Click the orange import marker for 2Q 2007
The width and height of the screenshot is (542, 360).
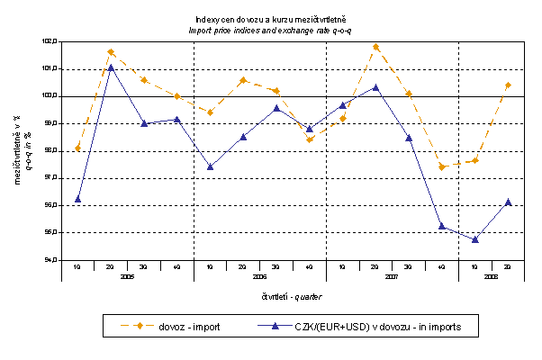pyautogui.click(x=375, y=47)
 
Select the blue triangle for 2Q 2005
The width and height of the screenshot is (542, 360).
pyautogui.click(x=111, y=67)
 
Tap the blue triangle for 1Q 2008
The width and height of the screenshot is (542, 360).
pyautogui.click(x=474, y=239)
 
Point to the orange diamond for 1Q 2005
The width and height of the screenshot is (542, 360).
pyautogui.click(x=77, y=148)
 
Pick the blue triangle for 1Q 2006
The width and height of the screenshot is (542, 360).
pyautogui.click(x=210, y=166)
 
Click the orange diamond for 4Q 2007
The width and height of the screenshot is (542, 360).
pyautogui.click(x=442, y=166)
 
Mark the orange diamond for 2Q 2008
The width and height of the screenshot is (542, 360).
pyautogui.click(x=508, y=85)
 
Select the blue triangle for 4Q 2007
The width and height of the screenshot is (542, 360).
pyautogui.click(x=442, y=226)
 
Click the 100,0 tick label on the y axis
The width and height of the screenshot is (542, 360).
pyautogui.click(x=50, y=96)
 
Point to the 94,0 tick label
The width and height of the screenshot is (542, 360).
pyautogui.click(x=50, y=260)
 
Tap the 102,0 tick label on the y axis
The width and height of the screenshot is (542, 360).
pyautogui.click(x=50, y=41)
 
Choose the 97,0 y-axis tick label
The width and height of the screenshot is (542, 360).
pyautogui.click(x=50, y=178)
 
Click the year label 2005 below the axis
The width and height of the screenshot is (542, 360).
pyautogui.click(x=127, y=276)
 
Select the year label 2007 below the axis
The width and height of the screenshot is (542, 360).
pyautogui.click(x=392, y=276)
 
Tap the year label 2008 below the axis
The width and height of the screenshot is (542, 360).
pyautogui.click(x=491, y=276)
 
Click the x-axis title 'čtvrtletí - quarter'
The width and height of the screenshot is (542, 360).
pyautogui.click(x=293, y=296)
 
